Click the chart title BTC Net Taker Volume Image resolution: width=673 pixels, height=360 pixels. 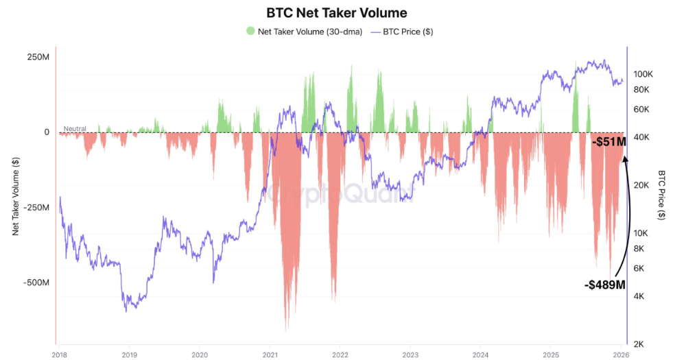[x=336, y=12]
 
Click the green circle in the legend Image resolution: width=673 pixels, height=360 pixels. [x=250, y=31]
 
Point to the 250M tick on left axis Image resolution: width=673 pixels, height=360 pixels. [x=38, y=57]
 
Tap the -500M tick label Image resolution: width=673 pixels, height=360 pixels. [x=36, y=283]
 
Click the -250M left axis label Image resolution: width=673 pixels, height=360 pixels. [x=36, y=207]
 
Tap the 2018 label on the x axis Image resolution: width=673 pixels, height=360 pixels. [x=59, y=355]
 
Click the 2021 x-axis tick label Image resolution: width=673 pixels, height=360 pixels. [x=270, y=355]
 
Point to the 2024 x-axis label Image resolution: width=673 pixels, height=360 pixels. [x=481, y=355]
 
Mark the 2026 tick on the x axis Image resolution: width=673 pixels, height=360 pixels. [x=621, y=355]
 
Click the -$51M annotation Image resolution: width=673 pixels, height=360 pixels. [x=609, y=142]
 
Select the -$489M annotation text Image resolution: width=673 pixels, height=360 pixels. [x=605, y=285]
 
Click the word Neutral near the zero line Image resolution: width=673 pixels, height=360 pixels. [x=74, y=128]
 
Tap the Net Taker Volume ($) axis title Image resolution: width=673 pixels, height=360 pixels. [x=16, y=195]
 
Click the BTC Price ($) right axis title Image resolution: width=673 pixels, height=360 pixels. [x=661, y=195]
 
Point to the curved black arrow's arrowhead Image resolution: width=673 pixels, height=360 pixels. [x=624, y=159]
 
